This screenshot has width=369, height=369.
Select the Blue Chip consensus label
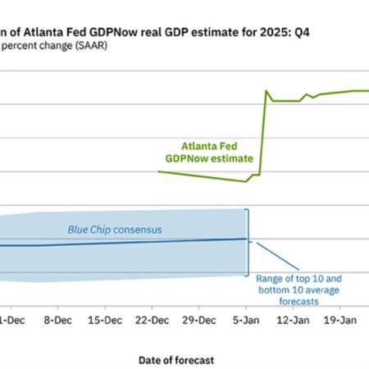point(114,229)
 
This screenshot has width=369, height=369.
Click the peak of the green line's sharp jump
point(266,91)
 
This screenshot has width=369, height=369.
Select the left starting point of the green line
point(157,172)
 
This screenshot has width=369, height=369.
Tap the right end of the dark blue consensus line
point(245,239)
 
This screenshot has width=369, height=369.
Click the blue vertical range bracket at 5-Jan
point(248,242)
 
